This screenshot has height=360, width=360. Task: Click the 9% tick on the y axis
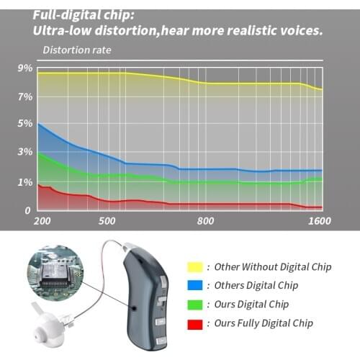(x=24, y=68)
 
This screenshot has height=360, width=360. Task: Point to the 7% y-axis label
(x=24, y=96)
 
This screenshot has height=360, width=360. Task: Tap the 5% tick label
(x=24, y=124)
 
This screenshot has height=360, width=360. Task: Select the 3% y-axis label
(x=24, y=153)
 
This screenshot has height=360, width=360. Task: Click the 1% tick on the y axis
(x=24, y=183)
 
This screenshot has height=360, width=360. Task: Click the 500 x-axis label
(x=107, y=221)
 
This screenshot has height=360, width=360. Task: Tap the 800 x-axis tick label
(x=206, y=221)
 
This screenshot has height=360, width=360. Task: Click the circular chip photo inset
(x=55, y=274)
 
